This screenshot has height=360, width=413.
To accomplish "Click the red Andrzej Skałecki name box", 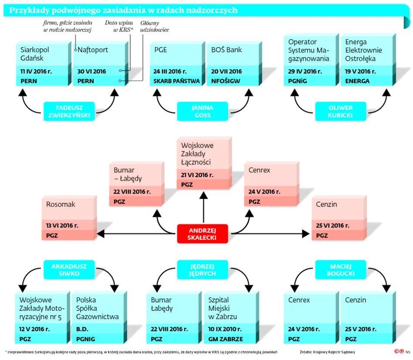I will (203, 234).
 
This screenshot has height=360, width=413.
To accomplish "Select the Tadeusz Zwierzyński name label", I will (70, 111).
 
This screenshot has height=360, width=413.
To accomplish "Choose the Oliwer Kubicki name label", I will (341, 111).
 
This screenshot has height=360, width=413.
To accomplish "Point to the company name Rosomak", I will (61, 204).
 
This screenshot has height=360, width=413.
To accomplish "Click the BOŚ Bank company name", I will (227, 50).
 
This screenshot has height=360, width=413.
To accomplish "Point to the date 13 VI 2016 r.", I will (62, 225).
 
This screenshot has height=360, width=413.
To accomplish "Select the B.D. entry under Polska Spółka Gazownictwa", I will (83, 329).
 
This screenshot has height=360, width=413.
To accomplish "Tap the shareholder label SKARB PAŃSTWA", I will (176, 81).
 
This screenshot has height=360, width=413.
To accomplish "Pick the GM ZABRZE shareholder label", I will (226, 339).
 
